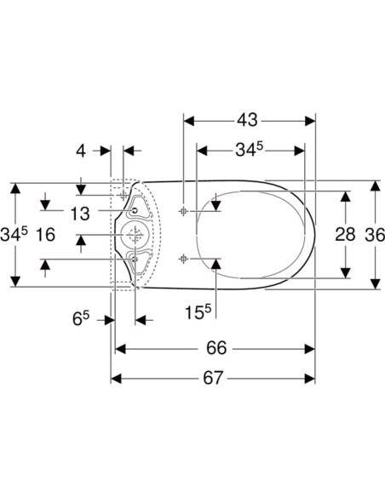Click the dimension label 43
coord(247,120)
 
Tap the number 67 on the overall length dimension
coord(213,378)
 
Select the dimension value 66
coord(216,348)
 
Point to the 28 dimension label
coord(345,235)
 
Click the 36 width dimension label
coord(375,235)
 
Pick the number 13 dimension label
coord(80,214)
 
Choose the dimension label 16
coord(46,235)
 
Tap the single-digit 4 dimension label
coord(81,151)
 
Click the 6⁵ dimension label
coord(81,318)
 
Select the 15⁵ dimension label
coord(198,312)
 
